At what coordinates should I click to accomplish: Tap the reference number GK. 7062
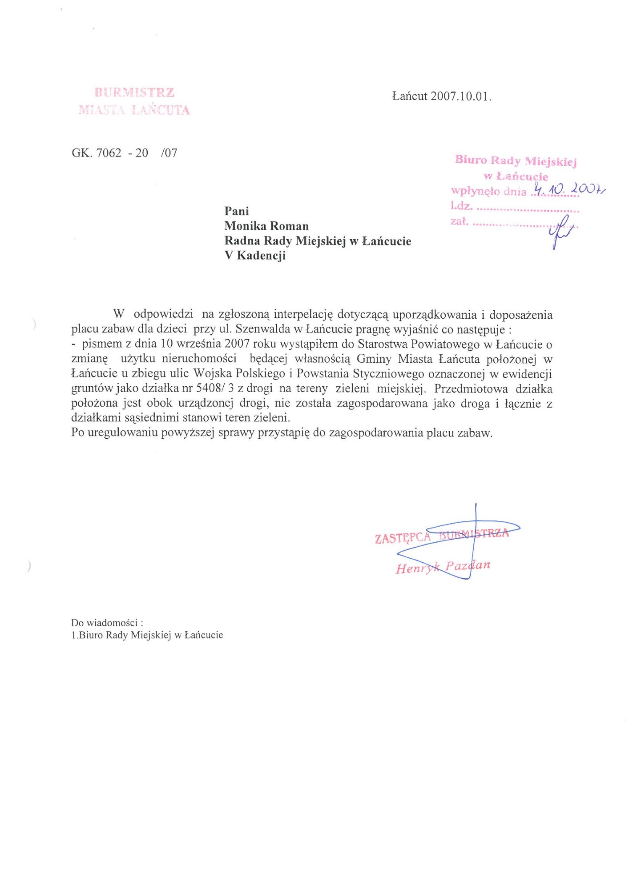[x=97, y=153]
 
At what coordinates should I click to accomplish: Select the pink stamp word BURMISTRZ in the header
[x=134, y=92]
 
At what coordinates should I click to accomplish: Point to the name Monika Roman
[x=266, y=226]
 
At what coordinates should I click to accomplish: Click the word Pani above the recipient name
[x=237, y=211]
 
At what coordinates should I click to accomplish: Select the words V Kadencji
[x=255, y=256]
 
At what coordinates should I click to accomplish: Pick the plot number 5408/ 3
[x=215, y=388]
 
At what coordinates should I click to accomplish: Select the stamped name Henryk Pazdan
[x=443, y=567]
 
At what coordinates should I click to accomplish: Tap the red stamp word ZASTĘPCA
[x=403, y=538]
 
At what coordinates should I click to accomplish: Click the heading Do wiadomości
[x=107, y=623]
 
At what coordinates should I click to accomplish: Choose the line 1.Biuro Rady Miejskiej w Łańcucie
[x=147, y=635]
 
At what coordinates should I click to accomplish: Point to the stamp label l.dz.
[x=461, y=206]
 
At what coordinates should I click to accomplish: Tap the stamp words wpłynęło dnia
[x=488, y=191]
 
